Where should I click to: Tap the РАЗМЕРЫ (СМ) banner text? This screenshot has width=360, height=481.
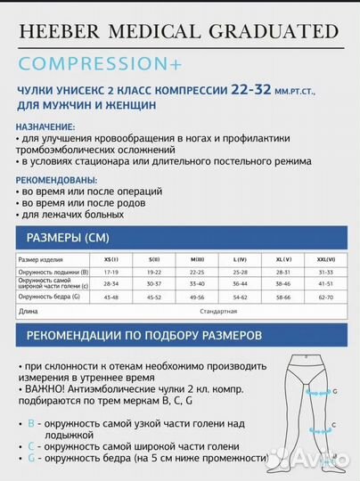tap(68, 238)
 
